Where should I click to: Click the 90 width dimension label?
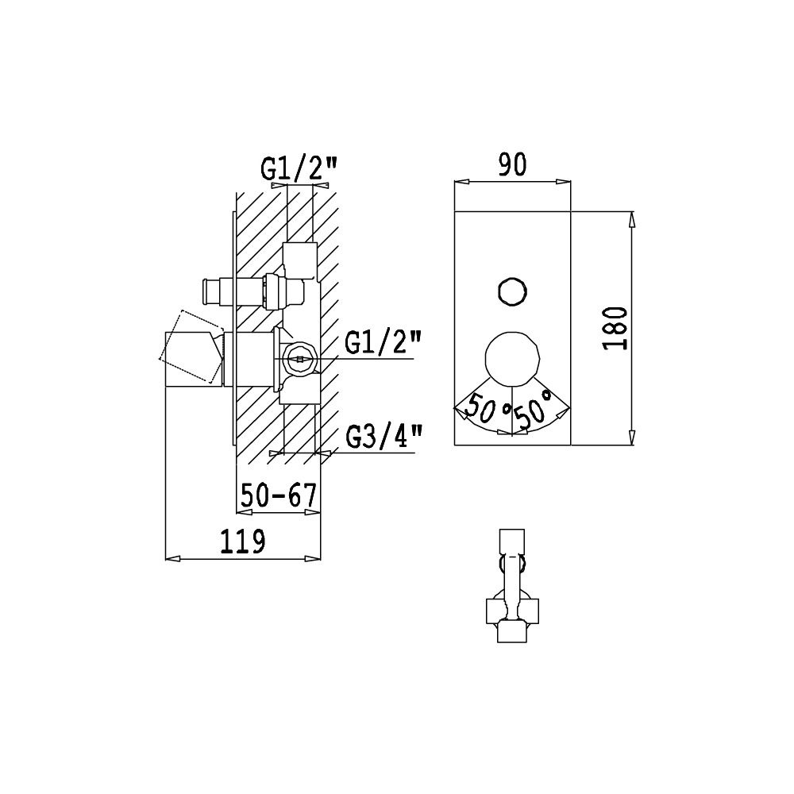tap(512, 164)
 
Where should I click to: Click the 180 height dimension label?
tap(616, 328)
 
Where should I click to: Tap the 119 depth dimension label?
tap(242, 541)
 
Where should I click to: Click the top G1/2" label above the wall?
tap(299, 169)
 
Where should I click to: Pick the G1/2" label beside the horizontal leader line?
tap(384, 342)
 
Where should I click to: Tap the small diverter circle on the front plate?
tap(512, 291)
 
